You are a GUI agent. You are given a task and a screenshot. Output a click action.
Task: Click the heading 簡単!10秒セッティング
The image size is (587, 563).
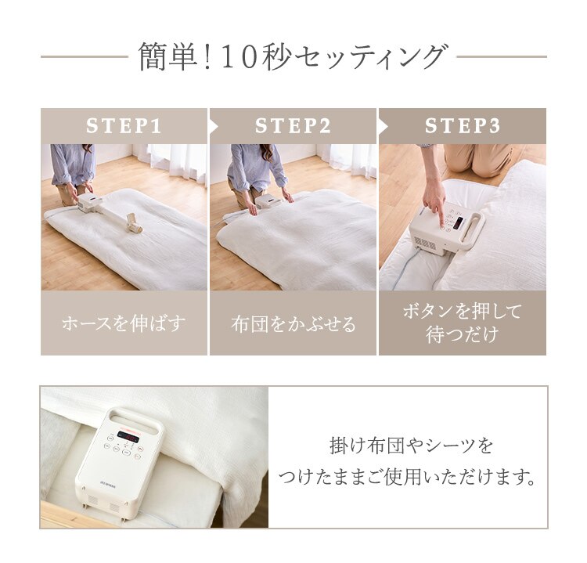pyautogui.click(x=293, y=57)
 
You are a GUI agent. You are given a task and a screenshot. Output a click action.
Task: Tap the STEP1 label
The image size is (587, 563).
pyautogui.click(x=124, y=126)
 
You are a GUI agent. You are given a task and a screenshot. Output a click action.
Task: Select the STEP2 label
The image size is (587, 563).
pyautogui.click(x=293, y=126)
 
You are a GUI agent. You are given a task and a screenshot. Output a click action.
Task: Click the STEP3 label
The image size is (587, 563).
pyautogui.click(x=462, y=126)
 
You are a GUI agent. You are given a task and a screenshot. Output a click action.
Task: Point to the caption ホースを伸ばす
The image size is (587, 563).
pyautogui.click(x=124, y=323)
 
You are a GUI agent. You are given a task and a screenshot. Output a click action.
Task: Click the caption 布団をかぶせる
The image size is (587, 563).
pyautogui.click(x=293, y=323)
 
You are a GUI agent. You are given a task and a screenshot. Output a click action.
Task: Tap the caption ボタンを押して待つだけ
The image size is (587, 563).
pyautogui.click(x=462, y=323)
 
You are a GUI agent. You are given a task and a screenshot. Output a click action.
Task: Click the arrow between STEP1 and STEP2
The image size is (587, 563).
pyautogui.click(x=212, y=126)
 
